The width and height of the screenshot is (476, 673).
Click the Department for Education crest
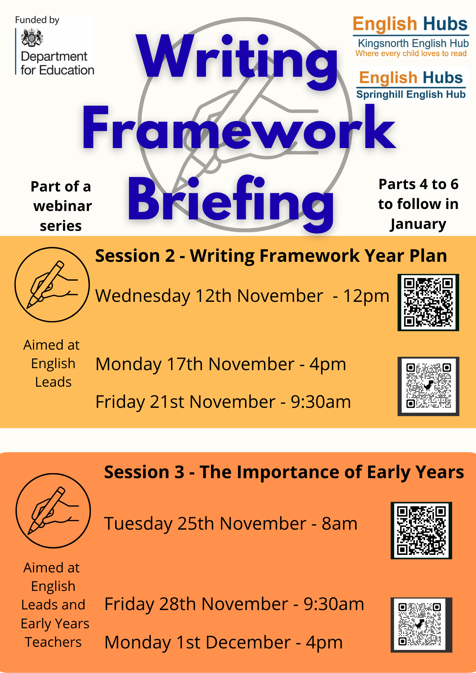pyautogui.click(x=32, y=38)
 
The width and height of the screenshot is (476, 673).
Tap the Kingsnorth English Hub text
pyautogui.click(x=413, y=43)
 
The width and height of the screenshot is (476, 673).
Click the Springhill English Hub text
pyautogui.click(x=411, y=95)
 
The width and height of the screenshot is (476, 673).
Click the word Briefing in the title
pyautogui.click(x=231, y=202)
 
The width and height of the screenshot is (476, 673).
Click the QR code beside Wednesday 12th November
pyautogui.click(x=428, y=302)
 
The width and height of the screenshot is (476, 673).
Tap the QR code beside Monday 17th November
pyautogui.click(x=428, y=386)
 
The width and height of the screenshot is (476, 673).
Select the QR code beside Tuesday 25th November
pyautogui.click(x=421, y=530)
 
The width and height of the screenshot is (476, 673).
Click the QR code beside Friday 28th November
pyautogui.click(x=421, y=625)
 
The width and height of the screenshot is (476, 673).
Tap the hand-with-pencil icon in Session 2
pyautogui.click(x=52, y=285)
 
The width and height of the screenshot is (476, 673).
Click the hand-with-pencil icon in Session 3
pyautogui.click(x=53, y=511)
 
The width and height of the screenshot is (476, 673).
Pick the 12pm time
pyautogui.click(x=366, y=296)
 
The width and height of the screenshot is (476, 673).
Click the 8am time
pyautogui.click(x=339, y=524)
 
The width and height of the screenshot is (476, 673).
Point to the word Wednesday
pyautogui.click(x=143, y=296)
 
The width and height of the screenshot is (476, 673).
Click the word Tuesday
pyautogui.click(x=138, y=524)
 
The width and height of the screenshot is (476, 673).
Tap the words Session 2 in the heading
pyautogui.click(x=135, y=256)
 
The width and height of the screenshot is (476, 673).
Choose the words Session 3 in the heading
pyautogui.click(x=144, y=472)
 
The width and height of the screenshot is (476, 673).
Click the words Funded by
pyautogui.click(x=37, y=20)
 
